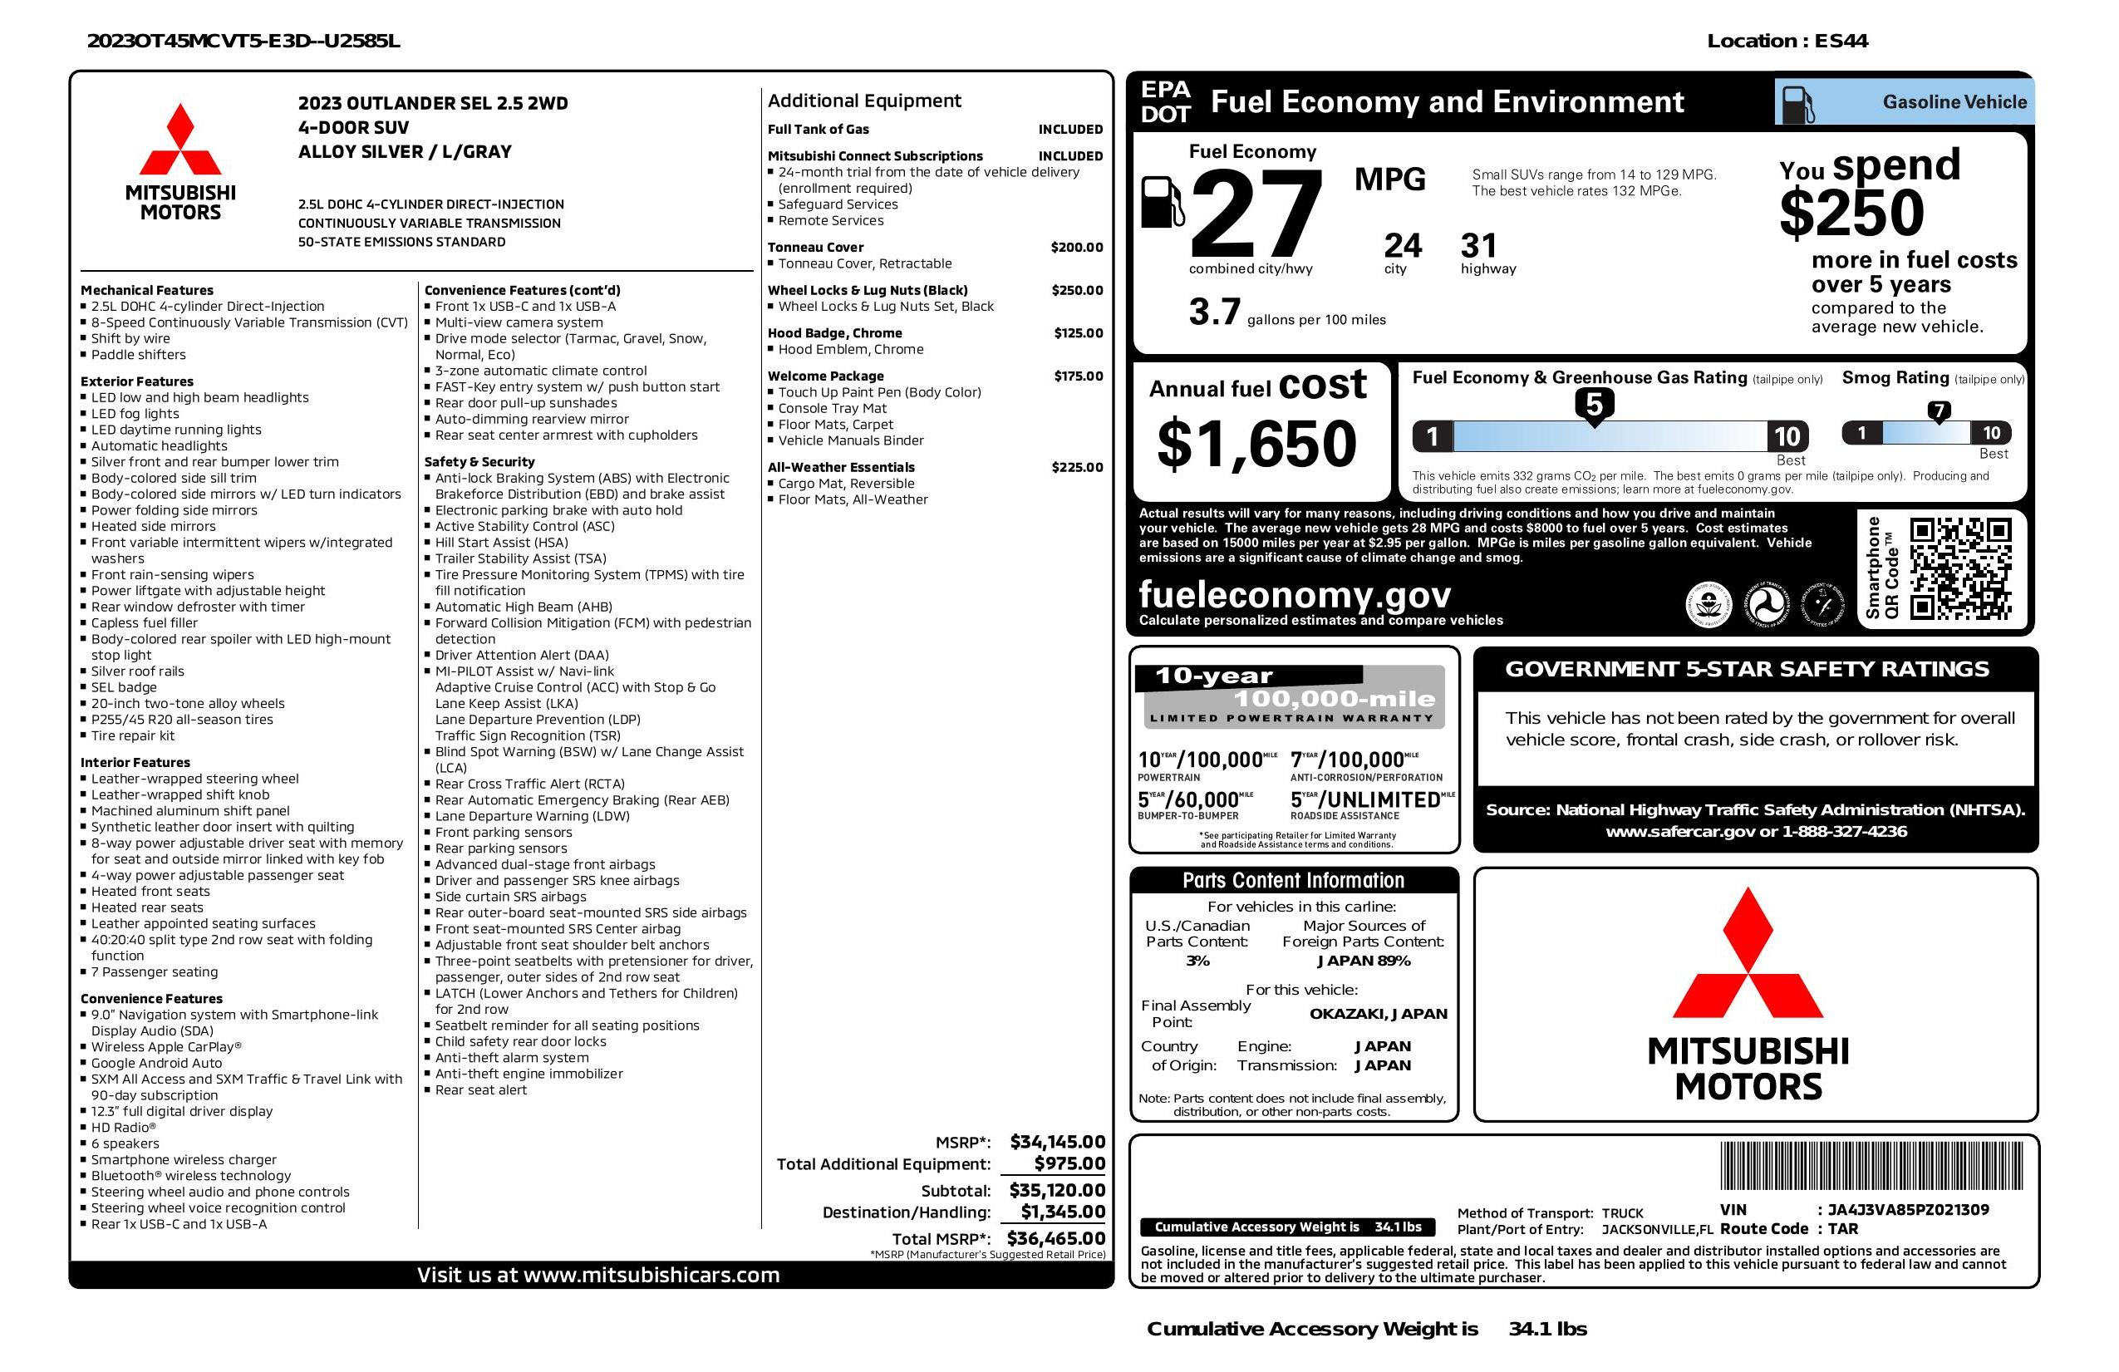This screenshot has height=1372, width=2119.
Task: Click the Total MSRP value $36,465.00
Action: (1055, 1237)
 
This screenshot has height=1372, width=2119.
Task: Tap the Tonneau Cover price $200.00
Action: (1075, 248)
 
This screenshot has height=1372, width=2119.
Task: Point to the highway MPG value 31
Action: (1479, 246)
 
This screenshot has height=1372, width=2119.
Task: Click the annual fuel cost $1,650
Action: (1256, 444)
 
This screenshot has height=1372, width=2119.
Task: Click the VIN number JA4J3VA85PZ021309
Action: (1908, 1209)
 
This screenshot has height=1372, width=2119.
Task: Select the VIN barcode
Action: (1871, 1165)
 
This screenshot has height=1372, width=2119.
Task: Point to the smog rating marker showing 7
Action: (1938, 411)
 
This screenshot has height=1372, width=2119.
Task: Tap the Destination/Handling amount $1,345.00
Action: (1062, 1212)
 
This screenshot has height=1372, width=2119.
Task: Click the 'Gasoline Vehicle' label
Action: (1954, 102)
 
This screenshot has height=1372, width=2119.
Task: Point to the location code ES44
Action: (1841, 41)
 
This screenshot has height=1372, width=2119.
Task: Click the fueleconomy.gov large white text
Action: (1295, 594)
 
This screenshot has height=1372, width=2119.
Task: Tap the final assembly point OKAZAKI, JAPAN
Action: (1378, 1013)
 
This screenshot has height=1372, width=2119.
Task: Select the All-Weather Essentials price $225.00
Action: (1076, 467)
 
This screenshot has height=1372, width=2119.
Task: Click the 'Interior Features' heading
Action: (135, 762)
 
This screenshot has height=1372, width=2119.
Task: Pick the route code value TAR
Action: (1843, 1229)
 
